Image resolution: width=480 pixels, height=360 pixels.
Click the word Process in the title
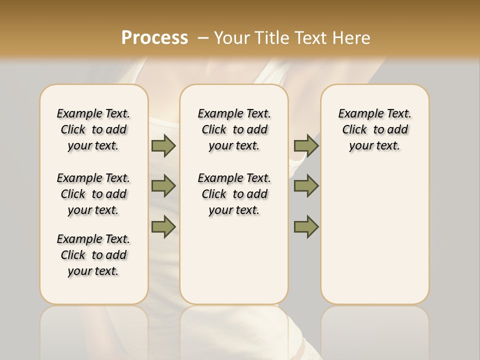154,38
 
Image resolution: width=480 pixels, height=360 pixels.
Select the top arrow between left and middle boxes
163,145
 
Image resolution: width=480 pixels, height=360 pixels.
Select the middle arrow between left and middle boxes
163,186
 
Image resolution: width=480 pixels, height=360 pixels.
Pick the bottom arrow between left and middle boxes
163,226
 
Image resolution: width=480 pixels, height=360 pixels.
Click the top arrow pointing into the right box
306,145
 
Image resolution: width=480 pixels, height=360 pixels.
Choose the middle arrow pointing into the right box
306,186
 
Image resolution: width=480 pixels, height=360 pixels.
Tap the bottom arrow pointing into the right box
306,226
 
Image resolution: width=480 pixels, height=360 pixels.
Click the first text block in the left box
93,129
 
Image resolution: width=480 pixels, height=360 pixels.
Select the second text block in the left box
93,194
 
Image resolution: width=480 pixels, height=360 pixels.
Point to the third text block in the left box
93,255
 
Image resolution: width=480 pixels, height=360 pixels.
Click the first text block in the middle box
234,129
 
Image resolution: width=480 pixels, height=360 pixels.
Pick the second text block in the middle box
234,194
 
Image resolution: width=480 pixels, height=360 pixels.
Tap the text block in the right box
375,129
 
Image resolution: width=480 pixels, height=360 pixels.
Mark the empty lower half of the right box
375,240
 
